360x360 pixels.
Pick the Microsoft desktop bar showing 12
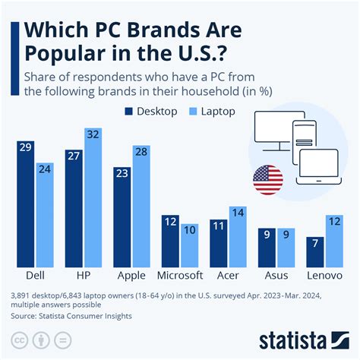(170, 242)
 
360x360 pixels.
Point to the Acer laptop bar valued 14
(238, 236)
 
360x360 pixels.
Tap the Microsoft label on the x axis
(179, 275)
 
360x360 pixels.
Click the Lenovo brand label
(324, 275)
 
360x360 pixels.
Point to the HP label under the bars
(84, 275)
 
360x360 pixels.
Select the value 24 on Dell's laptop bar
(45, 169)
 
